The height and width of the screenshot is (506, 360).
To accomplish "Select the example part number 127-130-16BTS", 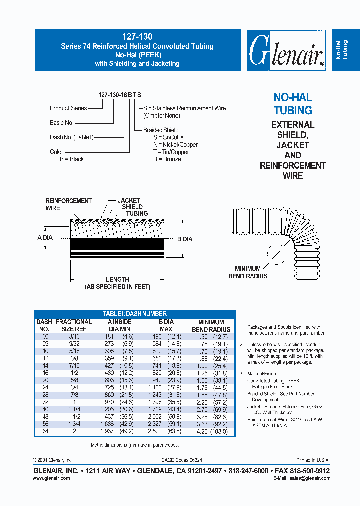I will tap(119, 95).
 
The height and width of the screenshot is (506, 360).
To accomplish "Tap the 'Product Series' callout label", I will tap(68, 108).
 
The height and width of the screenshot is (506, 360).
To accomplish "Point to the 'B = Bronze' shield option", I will tap(167, 159).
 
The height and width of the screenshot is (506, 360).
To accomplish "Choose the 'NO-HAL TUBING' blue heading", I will tap(293, 104).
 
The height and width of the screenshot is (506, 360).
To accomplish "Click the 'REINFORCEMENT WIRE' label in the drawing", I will tap(68, 204).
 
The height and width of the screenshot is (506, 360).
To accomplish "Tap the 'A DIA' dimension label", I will tap(45, 238).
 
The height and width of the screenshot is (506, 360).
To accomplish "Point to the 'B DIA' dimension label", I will tap(185, 240).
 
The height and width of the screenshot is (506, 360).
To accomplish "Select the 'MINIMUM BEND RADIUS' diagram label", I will tap(248, 272).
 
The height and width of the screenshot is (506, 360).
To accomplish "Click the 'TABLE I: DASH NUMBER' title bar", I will tap(135, 314).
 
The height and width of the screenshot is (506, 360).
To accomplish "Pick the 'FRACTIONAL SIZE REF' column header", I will tap(74, 326).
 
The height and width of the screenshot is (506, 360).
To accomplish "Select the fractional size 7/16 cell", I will tap(74, 365).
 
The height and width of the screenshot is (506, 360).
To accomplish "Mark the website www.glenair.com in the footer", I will tap(51, 478).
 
